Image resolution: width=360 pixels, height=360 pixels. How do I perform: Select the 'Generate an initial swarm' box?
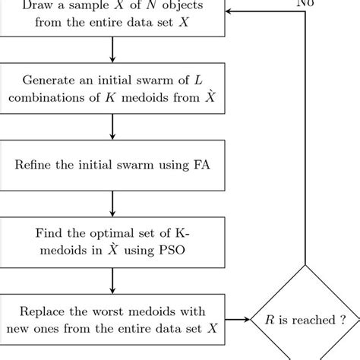click(x=112, y=90)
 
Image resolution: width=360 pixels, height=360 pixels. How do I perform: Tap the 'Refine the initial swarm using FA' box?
click(x=112, y=164)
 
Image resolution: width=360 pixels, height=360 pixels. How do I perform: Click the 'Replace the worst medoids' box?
click(x=112, y=321)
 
